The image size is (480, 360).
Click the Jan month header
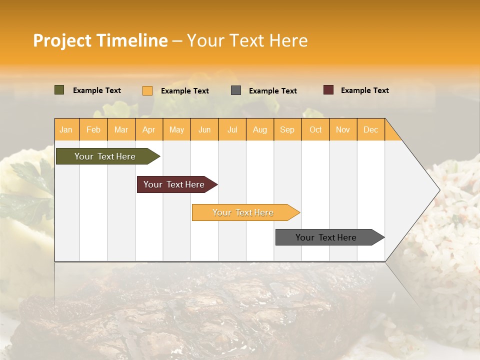(66, 129)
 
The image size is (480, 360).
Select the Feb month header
(93, 129)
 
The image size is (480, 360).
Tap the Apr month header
(149, 129)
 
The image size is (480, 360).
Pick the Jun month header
(204, 129)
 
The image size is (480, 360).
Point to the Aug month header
(260, 129)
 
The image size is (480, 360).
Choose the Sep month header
(287, 129)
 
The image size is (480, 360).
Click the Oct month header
(315, 129)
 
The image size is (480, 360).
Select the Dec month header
(371, 129)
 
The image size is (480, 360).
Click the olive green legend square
(59, 90)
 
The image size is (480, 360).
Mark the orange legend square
(147, 90)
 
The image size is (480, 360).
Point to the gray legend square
(236, 90)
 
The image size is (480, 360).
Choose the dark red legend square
(328, 90)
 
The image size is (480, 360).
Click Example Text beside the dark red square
(364, 90)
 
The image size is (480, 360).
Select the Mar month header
(121, 129)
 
